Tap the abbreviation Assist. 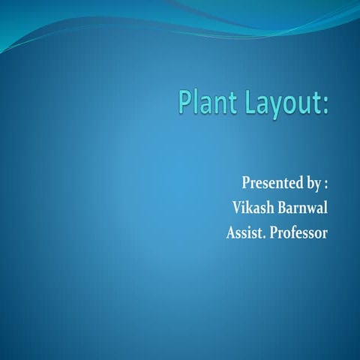247,232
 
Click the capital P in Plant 184,103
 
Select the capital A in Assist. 231,232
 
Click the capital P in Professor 276,232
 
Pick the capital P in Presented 245,183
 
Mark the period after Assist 266,236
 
